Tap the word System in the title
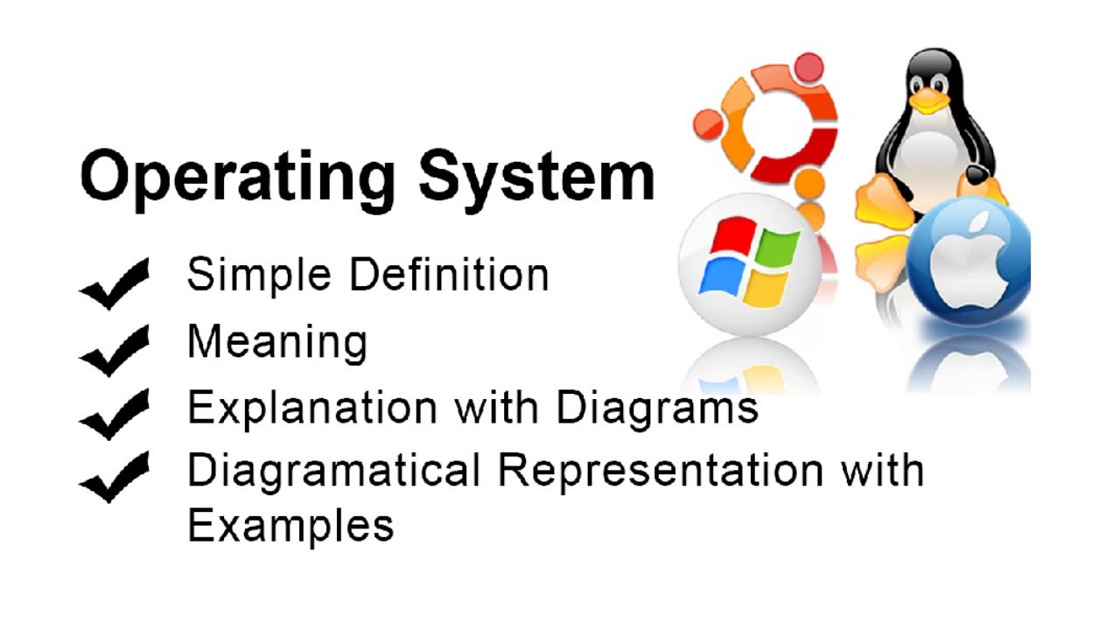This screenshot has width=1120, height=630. [x=535, y=178]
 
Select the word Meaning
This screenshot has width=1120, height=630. [x=276, y=342]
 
